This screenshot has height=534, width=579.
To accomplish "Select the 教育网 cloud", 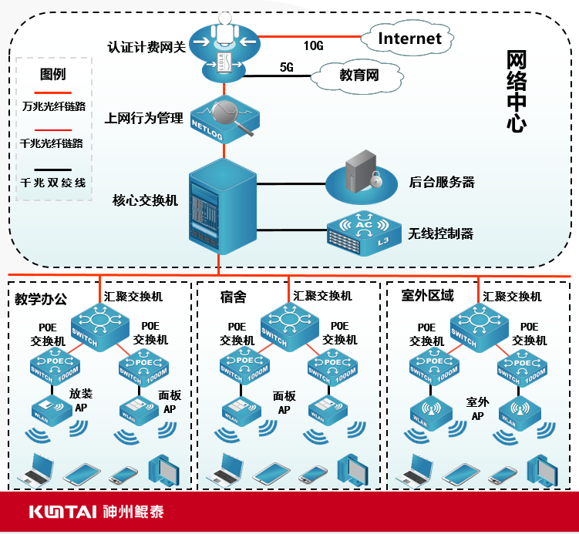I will [359, 76].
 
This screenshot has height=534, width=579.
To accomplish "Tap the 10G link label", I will [313, 45].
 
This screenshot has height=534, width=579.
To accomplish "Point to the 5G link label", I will [287, 68].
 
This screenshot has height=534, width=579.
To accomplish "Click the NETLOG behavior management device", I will [222, 116].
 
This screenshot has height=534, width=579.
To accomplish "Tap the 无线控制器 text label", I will [440, 233].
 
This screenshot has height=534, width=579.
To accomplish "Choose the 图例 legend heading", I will [52, 75].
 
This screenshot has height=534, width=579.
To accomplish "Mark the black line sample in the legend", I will [52, 170].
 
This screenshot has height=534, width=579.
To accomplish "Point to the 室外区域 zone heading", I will [427, 295].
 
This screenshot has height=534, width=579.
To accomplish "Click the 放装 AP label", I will [81, 400].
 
